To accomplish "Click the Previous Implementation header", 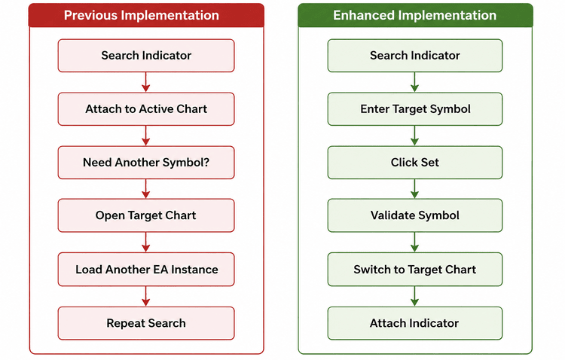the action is click(x=146, y=15).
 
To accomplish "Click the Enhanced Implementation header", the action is click(x=415, y=15).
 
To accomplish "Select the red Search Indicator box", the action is click(x=146, y=56).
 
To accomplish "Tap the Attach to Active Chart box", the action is click(x=146, y=109).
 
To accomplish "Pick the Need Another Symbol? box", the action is click(x=146, y=162).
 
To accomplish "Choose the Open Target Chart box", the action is click(x=146, y=215).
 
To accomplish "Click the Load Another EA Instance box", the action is click(x=146, y=269).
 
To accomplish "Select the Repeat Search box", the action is click(x=146, y=323).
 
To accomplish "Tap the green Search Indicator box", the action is click(x=415, y=56).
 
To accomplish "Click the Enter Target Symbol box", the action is click(x=415, y=109).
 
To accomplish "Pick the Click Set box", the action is click(x=415, y=162).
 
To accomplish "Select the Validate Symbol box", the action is click(x=415, y=215).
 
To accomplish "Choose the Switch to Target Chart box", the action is click(x=415, y=269).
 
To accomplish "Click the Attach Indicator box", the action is click(x=415, y=323).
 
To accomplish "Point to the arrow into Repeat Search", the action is click(x=146, y=296).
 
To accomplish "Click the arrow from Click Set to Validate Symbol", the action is click(x=415, y=189).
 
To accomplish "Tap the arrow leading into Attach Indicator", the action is click(x=415, y=296).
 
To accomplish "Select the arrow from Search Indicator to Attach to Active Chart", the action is click(x=146, y=82).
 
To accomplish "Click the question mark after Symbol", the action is click(x=206, y=162).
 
